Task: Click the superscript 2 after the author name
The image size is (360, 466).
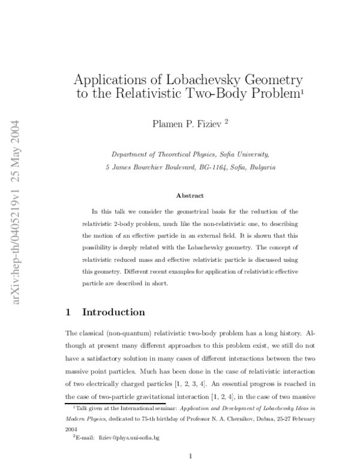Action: [226, 121]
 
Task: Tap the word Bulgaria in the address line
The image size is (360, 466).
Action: [262, 168]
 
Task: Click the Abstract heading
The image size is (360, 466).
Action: [190, 195]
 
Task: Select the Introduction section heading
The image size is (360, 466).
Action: [113, 312]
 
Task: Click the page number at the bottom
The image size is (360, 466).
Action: [190, 456]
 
